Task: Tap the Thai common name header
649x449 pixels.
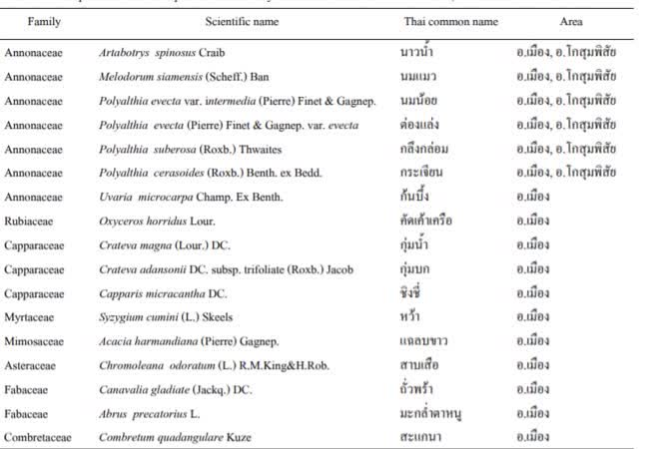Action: (436, 21)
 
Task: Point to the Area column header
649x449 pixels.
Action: (571, 21)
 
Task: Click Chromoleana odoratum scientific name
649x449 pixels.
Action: (201, 365)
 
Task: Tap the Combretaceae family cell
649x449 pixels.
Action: (39, 437)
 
